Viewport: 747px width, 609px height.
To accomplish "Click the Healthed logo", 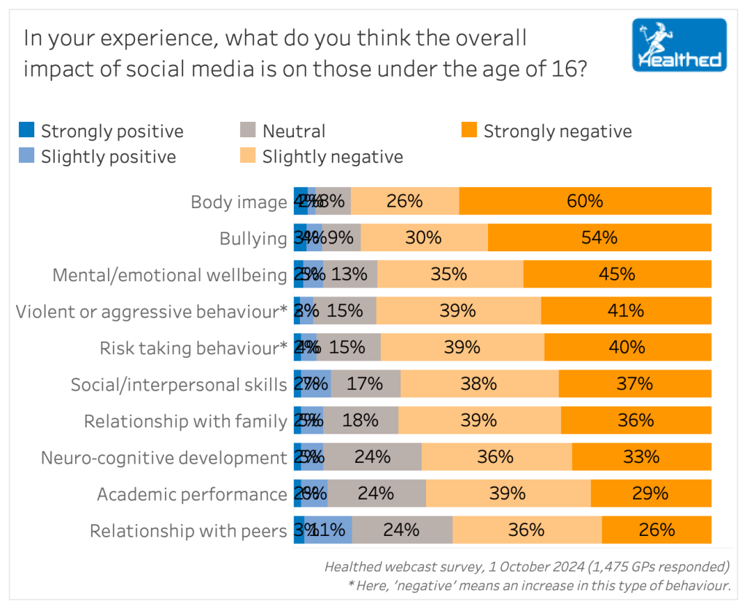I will click(679, 45).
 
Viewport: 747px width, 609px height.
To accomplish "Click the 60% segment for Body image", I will click(585, 201).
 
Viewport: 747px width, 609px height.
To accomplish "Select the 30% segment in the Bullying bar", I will click(424, 237).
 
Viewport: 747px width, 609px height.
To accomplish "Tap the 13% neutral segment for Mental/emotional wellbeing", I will click(351, 274).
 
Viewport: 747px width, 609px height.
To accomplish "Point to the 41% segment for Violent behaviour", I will click(626, 310).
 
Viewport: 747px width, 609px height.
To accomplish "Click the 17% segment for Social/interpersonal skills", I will click(365, 384).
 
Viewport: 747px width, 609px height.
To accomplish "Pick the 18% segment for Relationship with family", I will click(360, 421).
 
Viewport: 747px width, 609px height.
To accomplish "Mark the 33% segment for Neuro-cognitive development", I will click(641, 457).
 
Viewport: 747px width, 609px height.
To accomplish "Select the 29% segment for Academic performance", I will click(651, 494).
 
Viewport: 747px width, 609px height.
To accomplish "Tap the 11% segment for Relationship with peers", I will click(328, 530).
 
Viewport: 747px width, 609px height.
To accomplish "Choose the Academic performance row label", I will click(192, 494).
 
